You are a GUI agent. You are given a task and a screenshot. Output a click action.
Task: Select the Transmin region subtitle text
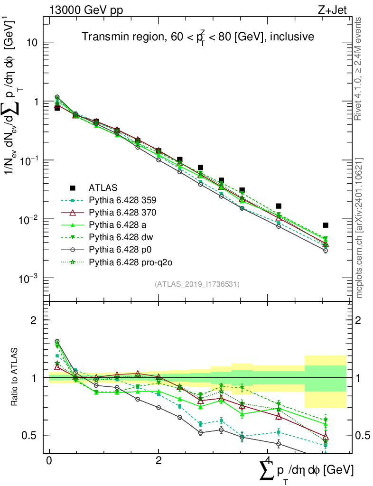click(x=197, y=37)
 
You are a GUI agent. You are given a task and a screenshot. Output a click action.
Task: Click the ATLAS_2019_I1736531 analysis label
click(x=197, y=284)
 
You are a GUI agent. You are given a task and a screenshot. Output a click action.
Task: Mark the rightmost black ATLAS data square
click(x=325, y=225)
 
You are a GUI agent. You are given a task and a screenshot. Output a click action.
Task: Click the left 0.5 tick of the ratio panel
click(x=32, y=435)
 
